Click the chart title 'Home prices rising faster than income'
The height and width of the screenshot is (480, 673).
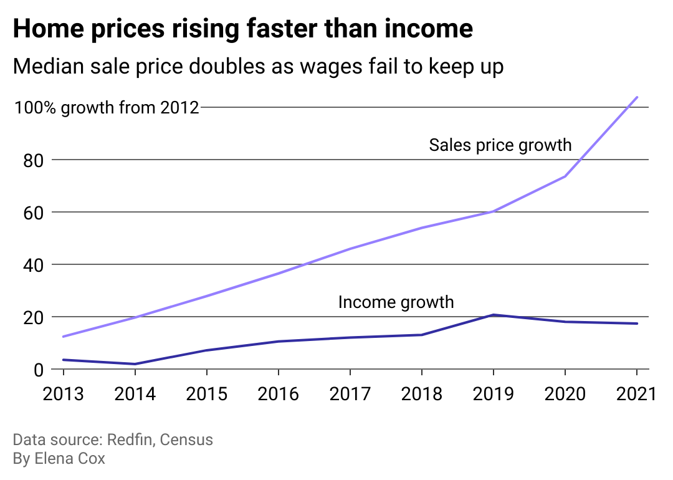coord(242,29)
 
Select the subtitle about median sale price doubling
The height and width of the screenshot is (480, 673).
coord(258,66)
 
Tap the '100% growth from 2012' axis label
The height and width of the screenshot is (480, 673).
coord(107,108)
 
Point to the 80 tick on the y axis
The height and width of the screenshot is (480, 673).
coord(28,160)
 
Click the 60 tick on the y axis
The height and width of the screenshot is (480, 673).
coord(28,213)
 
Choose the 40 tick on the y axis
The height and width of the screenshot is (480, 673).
coord(28,265)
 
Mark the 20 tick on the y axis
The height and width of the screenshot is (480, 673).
coord(28,317)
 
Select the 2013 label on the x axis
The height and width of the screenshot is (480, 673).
coord(64,394)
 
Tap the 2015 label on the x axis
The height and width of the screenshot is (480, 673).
coord(207,394)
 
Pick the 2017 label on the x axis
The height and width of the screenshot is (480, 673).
coord(350,394)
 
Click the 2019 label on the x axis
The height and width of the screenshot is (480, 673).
coord(494,394)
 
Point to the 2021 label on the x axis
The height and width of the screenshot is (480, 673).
coord(636,394)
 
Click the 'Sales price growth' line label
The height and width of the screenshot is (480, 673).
coord(500,145)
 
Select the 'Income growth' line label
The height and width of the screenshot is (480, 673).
coord(396,302)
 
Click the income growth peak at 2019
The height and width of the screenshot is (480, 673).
coord(494,315)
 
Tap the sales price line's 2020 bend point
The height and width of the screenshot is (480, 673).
coord(565,176)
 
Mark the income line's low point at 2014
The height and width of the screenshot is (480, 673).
coord(135,364)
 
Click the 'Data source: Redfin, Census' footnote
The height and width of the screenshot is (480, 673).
coord(113,440)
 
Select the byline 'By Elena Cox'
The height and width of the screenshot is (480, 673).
coord(59,459)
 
